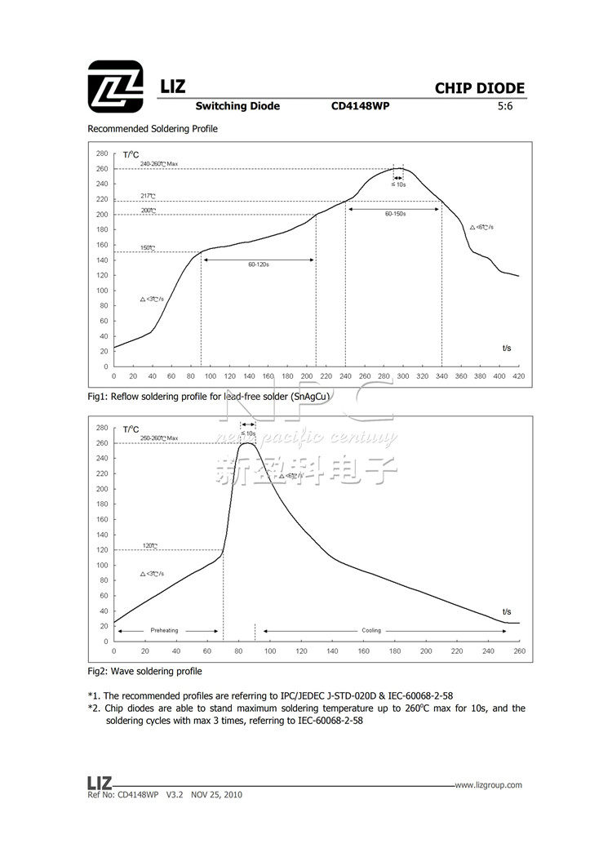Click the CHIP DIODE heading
coord(479,89)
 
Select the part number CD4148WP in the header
coord(360,106)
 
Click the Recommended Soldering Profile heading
coord(153,129)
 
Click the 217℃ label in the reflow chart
coord(148,196)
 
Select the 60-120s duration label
coord(258,264)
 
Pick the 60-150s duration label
coord(395,213)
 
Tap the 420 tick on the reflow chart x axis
coord(518,376)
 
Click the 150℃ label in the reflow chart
coord(148,248)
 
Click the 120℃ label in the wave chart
coord(149,545)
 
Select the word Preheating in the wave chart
coord(164,631)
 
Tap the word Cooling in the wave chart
coord(371,631)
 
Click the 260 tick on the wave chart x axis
coord(518,651)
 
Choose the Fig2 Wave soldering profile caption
coord(144,671)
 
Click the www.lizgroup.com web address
coord(488,785)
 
